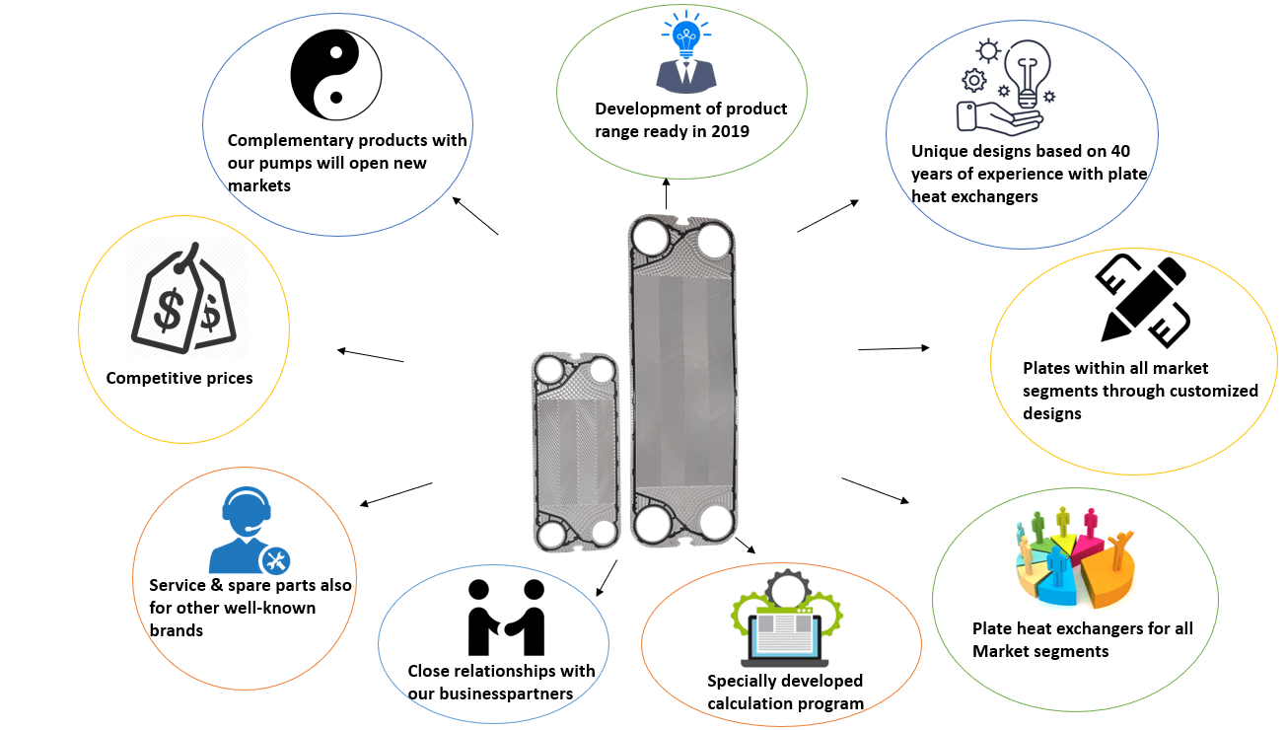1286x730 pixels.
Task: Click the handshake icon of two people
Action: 506,618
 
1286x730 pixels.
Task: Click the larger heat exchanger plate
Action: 682,380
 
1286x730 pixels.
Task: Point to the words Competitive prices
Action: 179,378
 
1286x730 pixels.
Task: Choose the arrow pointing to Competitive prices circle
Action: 370,355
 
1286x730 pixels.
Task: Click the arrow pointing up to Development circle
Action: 667,193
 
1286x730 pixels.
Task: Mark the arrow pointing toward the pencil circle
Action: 893,348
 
